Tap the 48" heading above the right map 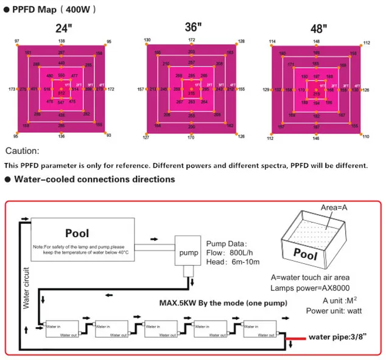point(318,29)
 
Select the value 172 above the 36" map point(192,40)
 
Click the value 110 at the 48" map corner point(366,137)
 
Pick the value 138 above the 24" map point(61,41)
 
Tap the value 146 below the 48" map point(316,139)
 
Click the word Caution point(23,151)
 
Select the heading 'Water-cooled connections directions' point(94,179)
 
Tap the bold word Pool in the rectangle point(77,233)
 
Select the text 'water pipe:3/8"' point(339,336)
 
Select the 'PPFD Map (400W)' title point(53,10)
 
